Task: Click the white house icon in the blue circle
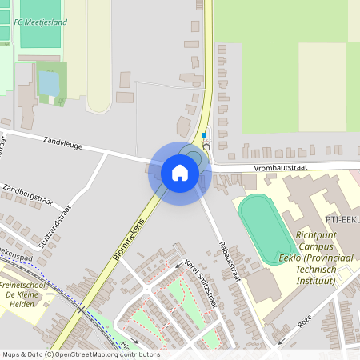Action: pyautogui.click(x=180, y=173)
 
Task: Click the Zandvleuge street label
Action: pyautogui.click(x=63, y=141)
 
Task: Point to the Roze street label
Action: pyautogui.click(x=304, y=320)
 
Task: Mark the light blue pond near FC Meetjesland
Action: pyautogui.click(x=49, y=83)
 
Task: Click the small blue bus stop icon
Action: pyautogui.click(x=203, y=135)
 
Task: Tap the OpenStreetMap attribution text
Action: pyautogui.click(x=80, y=354)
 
